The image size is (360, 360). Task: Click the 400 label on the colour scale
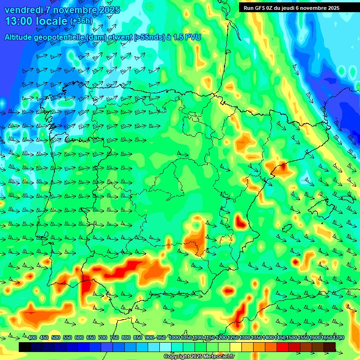click(32, 337)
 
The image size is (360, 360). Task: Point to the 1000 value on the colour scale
click(174, 337)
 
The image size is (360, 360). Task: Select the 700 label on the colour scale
click(102, 337)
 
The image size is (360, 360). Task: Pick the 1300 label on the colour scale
click(244, 337)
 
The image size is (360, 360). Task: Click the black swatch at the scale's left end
click(25, 347)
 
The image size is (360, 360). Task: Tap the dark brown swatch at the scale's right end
click(330, 347)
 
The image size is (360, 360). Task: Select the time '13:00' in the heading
click(18, 22)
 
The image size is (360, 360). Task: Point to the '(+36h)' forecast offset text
click(81, 22)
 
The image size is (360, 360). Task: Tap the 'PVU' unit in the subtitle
click(193, 37)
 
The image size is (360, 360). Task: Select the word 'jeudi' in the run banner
click(298, 8)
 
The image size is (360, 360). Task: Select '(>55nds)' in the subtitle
click(151, 37)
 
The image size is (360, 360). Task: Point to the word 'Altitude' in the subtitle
click(20, 37)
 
